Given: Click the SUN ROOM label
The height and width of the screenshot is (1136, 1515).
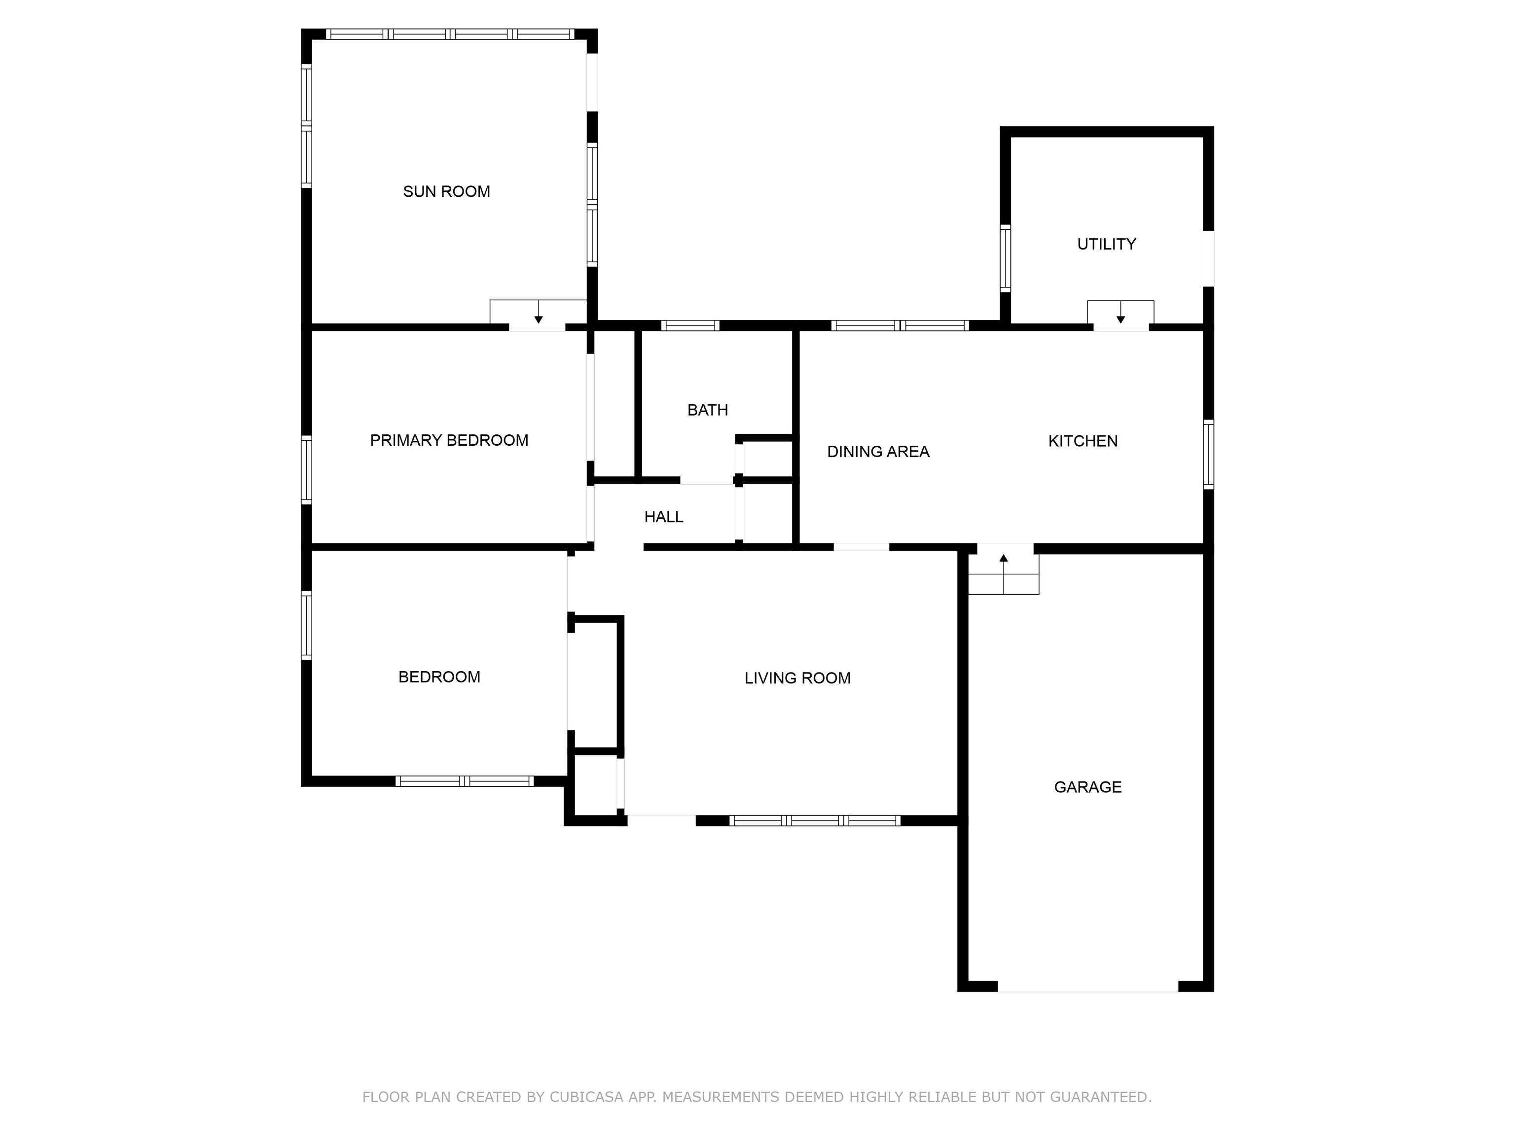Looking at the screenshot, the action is (x=446, y=192).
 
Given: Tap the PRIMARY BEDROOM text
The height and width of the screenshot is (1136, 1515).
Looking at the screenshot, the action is (x=449, y=440).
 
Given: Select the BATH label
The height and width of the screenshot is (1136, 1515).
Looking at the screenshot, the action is (x=708, y=410).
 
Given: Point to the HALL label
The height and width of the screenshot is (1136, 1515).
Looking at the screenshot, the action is (x=664, y=517).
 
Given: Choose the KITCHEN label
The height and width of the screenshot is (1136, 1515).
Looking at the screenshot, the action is (x=1083, y=441).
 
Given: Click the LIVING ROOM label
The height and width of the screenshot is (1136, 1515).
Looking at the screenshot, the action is (x=797, y=678).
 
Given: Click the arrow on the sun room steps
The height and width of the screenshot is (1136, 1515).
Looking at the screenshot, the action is (x=539, y=312).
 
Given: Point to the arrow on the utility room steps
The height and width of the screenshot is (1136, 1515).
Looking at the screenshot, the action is (x=1120, y=312).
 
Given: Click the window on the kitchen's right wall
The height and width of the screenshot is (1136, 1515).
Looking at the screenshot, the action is (x=1209, y=454).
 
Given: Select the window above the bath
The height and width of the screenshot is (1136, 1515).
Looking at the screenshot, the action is (x=690, y=326).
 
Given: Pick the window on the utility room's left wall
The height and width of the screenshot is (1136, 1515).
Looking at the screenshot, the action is (x=1006, y=258).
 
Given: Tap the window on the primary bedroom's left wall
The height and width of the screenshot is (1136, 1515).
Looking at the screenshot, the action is (x=307, y=470).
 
